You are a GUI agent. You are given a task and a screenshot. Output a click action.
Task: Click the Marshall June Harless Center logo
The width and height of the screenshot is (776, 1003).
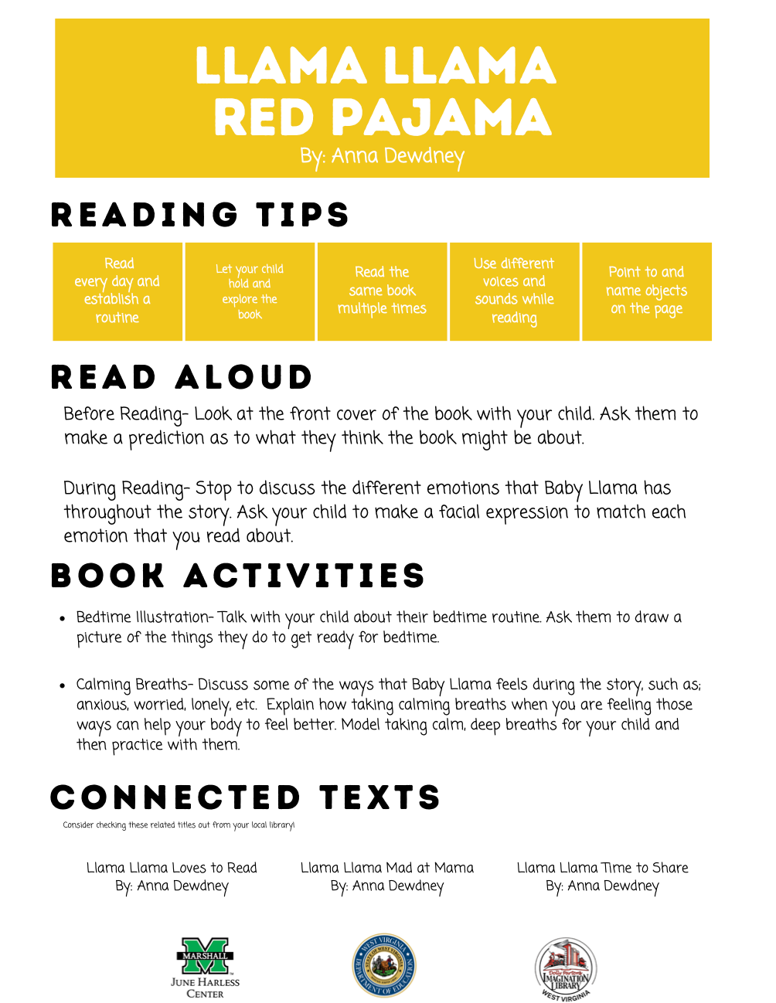(x=205, y=967)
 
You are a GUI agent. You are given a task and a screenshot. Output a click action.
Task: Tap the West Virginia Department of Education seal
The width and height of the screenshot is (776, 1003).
(x=384, y=966)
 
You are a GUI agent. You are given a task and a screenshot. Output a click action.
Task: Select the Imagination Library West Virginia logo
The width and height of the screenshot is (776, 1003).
(x=566, y=969)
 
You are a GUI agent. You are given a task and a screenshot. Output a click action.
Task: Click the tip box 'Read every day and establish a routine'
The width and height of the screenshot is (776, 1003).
(x=117, y=291)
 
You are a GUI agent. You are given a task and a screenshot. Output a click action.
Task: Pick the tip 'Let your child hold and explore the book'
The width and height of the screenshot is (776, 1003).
(x=250, y=291)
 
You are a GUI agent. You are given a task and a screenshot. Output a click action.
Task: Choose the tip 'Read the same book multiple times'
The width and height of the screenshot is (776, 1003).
(x=382, y=291)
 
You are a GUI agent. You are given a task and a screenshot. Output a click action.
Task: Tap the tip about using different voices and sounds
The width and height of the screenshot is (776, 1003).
(x=514, y=291)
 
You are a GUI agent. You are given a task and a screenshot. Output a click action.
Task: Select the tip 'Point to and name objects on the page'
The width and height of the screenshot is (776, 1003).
(x=646, y=291)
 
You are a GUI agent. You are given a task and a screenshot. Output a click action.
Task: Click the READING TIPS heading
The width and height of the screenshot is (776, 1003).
(x=200, y=215)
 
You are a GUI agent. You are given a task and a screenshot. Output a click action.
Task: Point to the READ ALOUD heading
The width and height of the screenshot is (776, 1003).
(x=182, y=377)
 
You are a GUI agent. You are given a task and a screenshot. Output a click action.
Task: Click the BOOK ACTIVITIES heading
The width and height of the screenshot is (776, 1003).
(x=238, y=576)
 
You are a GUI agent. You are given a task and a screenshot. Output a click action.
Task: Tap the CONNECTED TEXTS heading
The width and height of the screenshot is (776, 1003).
(x=245, y=797)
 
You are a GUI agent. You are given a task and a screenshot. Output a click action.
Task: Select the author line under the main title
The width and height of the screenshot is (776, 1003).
(x=383, y=157)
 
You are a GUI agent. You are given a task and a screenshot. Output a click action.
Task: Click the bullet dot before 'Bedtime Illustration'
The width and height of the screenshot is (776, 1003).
(x=63, y=618)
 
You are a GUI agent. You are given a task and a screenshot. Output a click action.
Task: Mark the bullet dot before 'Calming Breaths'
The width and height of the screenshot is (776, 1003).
(x=63, y=685)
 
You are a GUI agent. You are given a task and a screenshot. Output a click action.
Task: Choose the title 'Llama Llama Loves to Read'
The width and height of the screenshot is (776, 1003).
(x=172, y=868)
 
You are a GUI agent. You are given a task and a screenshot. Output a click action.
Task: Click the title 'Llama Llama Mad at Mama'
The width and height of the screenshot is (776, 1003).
(x=387, y=868)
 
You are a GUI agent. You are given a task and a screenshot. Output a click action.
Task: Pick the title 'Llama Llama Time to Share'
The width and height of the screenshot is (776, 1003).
(x=602, y=868)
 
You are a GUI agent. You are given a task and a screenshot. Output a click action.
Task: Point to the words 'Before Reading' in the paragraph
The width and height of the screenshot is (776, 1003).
(x=124, y=414)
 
